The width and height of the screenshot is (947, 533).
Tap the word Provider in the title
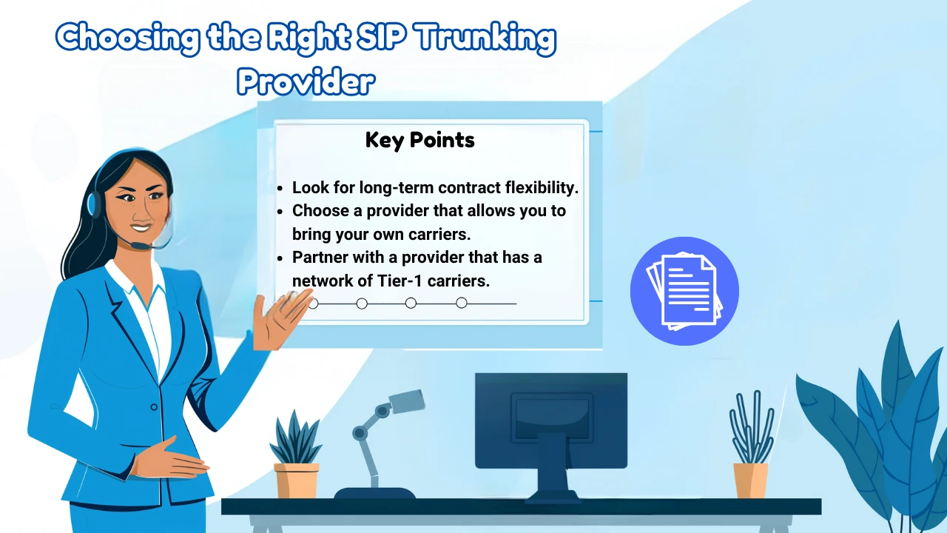point(306,82)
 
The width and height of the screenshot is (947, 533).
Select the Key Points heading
point(419,139)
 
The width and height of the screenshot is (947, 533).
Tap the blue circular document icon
point(684,291)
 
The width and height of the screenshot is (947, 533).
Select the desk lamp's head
point(405,402)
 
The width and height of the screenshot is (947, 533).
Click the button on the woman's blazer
point(154,406)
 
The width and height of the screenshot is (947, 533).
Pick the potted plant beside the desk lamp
point(296,459)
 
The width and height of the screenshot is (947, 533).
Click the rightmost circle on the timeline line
point(462,303)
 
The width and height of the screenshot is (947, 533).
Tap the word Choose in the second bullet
point(320,210)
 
